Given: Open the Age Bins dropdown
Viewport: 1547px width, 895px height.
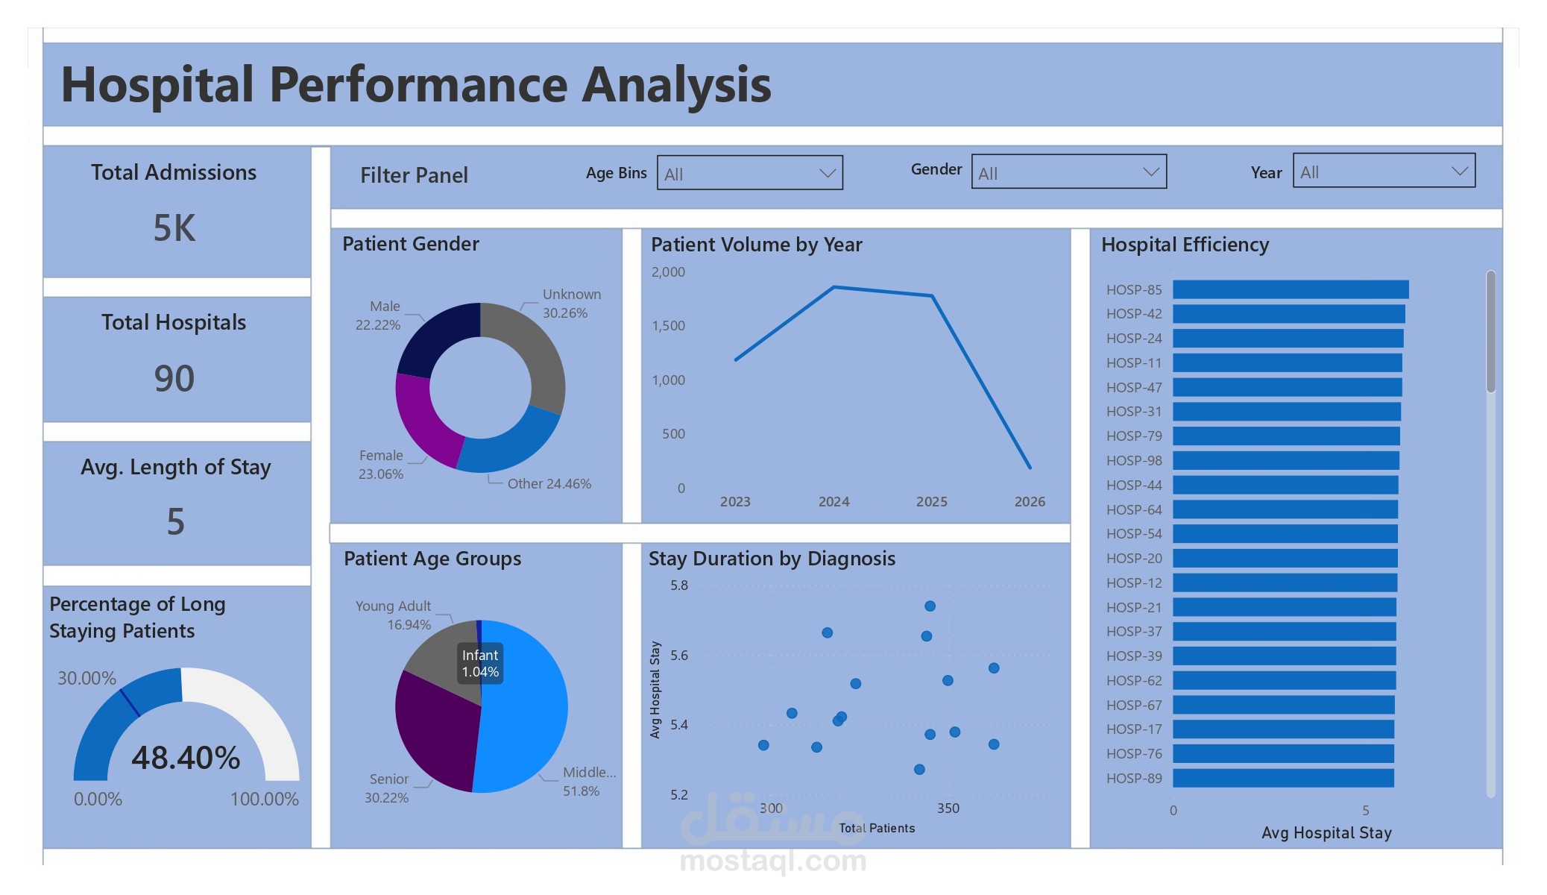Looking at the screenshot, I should coord(749,173).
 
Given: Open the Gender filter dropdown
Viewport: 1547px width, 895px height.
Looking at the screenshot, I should coord(1068,172).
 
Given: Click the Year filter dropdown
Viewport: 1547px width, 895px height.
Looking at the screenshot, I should coord(1383,172).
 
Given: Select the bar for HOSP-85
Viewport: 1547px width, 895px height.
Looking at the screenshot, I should coord(1290,289).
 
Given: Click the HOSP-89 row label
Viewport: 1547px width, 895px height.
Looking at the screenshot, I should coord(1133,778).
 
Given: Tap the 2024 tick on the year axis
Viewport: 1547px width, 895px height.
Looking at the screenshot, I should coord(834,502).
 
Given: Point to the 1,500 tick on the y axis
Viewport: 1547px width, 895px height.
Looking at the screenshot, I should coord(668,326).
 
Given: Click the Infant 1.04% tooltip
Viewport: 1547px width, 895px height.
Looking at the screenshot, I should coord(480,663).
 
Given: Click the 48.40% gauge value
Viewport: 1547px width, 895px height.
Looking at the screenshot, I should coord(186,758).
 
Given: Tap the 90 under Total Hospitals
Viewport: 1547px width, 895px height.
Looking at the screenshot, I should coord(174,378).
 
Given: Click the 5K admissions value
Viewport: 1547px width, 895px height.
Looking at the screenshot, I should coord(174,227).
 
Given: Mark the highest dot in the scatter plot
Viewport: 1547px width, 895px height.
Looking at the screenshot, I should coord(930,606).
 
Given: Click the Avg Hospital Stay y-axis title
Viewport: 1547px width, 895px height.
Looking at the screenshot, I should coord(655,689).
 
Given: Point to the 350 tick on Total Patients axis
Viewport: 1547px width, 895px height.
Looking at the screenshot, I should coord(948,808).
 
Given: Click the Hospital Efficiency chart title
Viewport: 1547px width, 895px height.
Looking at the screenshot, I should coord(1185,245).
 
